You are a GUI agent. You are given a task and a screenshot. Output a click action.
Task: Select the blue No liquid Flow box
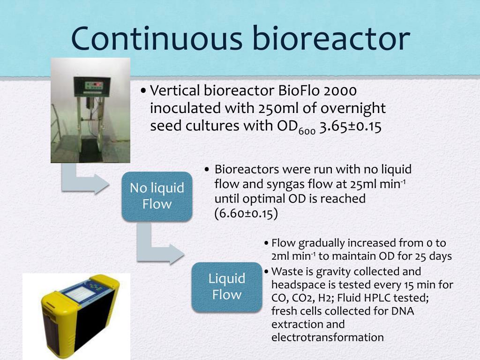tap(157, 196)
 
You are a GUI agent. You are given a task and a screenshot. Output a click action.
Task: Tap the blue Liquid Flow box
tap(227, 286)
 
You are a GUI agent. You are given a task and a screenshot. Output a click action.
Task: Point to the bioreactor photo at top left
tap(90, 110)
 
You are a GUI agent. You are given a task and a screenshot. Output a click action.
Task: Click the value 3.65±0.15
tap(350, 126)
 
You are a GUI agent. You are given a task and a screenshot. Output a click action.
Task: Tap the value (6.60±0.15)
tap(246, 213)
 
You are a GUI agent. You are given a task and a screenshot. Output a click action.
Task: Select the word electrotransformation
tap(327, 337)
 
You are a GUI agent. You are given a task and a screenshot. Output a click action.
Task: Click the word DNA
tap(403, 311)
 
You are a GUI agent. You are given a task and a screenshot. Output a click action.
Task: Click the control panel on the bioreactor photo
tap(92, 86)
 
